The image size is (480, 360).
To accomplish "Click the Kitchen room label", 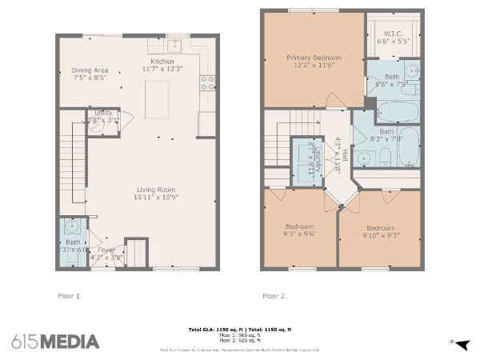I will [x=162, y=62].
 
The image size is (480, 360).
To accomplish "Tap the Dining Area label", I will [x=89, y=70].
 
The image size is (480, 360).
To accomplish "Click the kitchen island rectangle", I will [x=156, y=98].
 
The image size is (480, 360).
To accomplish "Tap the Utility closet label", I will [x=103, y=114].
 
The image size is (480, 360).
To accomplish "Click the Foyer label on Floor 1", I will [x=106, y=250].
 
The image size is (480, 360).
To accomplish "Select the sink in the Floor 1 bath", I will [x=74, y=227].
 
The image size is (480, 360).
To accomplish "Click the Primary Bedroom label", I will [x=314, y=58].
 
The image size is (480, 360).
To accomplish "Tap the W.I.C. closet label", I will [x=392, y=33].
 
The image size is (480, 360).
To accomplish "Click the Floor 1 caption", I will [x=70, y=296].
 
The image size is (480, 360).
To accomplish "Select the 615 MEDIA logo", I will [x=55, y=342].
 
